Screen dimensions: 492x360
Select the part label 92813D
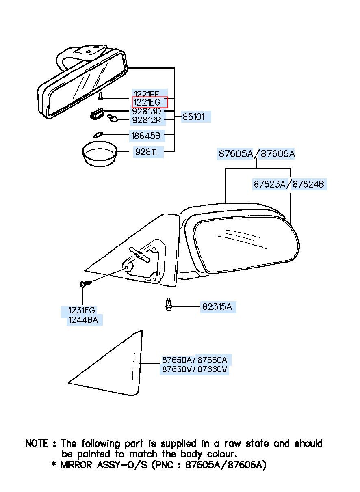click(147, 111)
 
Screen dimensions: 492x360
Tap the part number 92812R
click(147, 120)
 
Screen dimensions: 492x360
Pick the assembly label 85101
click(194, 117)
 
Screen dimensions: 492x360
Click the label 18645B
click(145, 135)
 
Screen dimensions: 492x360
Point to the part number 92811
click(148, 152)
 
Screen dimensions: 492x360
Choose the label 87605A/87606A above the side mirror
click(256, 154)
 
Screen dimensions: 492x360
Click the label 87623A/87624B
click(289, 184)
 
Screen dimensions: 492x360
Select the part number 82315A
click(217, 307)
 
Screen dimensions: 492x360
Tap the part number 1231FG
click(81, 311)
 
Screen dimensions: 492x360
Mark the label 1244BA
click(83, 320)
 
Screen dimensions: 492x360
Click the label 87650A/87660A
click(194, 360)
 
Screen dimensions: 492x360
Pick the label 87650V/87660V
click(194, 369)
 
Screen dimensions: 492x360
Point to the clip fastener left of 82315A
click(169, 305)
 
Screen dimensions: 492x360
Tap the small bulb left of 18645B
click(98, 134)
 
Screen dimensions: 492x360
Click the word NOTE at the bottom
click(37, 443)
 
